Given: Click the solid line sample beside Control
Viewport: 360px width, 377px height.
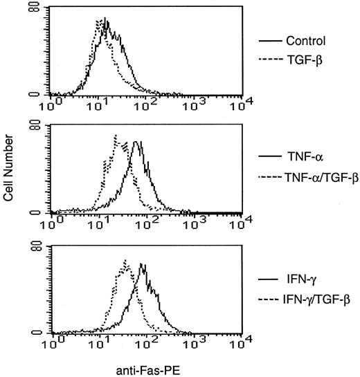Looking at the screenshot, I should pyautogui.click(x=267, y=40).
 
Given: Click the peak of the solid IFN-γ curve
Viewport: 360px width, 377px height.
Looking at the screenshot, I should pyautogui.click(x=141, y=264).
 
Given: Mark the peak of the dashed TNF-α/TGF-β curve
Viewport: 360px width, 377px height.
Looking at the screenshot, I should pyautogui.click(x=116, y=135).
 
